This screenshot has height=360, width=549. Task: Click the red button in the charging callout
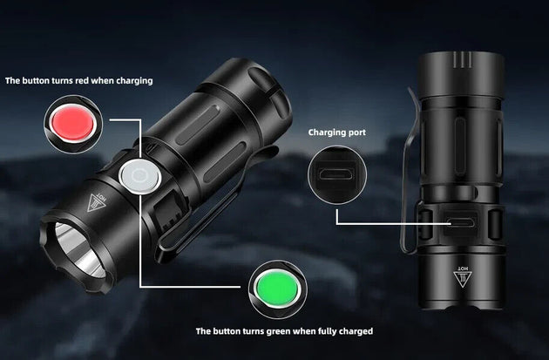coord(72,123)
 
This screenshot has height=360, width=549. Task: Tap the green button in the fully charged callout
coord(277,289)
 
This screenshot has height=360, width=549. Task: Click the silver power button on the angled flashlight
coord(140,176)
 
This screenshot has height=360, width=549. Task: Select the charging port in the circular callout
coord(337,174)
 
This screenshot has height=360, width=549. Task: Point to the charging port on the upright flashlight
coord(461,222)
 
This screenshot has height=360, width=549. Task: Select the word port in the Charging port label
coord(357,132)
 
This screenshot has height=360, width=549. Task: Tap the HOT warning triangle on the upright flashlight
coord(463,276)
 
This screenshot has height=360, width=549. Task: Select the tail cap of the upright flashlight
coord(462,74)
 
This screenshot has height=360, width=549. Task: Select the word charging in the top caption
coord(134,81)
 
